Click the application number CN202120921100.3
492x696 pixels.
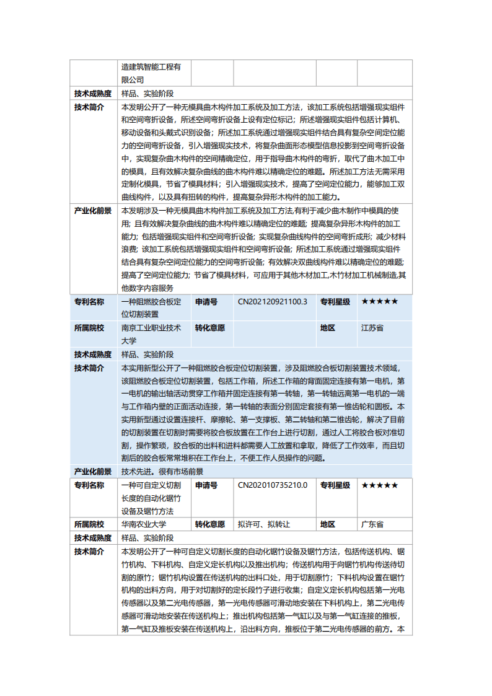(x=273, y=302)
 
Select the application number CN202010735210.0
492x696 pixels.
(x=273, y=485)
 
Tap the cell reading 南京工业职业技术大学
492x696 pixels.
(x=151, y=334)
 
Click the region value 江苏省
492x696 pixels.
(x=372, y=328)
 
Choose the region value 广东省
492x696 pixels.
(x=372, y=524)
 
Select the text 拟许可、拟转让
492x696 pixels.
(x=264, y=524)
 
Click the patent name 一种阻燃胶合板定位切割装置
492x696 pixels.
(x=151, y=308)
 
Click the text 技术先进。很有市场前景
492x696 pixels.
(x=162, y=472)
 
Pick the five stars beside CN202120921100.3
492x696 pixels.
(x=380, y=302)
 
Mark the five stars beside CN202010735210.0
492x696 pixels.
(x=380, y=485)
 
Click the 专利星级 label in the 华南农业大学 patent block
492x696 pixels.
(x=335, y=485)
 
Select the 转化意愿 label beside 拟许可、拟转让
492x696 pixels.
(x=210, y=524)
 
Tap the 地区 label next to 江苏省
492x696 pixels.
(x=328, y=328)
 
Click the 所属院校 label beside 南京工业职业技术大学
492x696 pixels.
(x=89, y=328)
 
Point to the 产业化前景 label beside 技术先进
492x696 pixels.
(x=93, y=472)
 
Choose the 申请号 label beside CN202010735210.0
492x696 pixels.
(x=206, y=485)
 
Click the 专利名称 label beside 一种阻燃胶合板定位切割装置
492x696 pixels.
(x=89, y=302)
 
